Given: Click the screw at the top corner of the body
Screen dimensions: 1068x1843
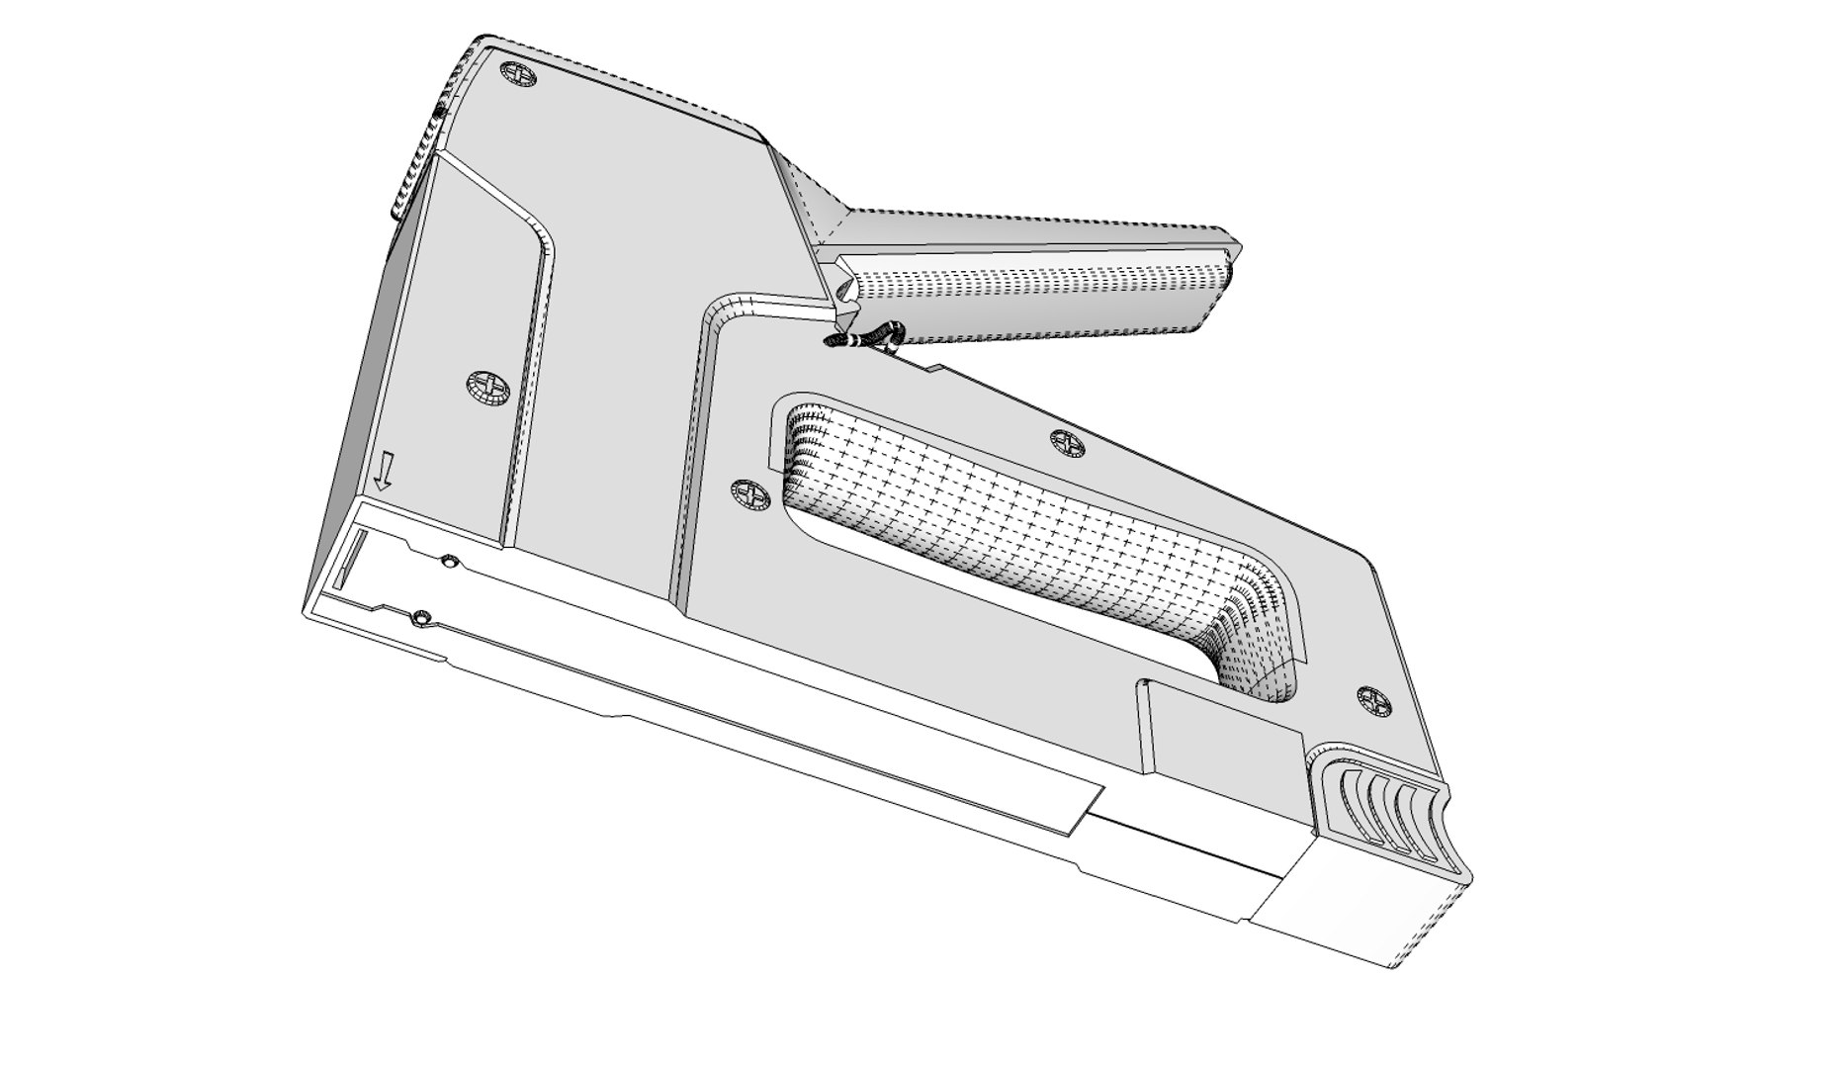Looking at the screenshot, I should click(519, 74).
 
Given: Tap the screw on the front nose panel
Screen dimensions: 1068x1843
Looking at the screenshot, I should click(485, 386).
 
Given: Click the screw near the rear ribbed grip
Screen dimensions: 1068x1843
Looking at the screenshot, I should click(1373, 701).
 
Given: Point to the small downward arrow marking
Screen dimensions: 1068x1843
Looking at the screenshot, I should click(385, 472).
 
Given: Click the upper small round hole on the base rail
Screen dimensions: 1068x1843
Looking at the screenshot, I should click(449, 562).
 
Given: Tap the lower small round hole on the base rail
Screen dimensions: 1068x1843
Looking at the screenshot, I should click(421, 618).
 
